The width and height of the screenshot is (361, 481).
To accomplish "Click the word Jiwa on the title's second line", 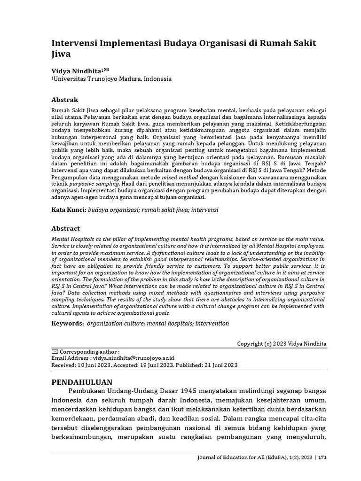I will [x=61, y=54].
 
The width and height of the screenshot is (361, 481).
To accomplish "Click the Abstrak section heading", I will [x=64, y=100].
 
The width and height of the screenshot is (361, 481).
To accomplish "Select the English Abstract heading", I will [x=65, y=228].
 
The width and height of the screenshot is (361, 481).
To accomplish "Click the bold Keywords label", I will [x=67, y=323].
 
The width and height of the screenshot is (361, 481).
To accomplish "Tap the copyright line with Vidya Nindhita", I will [x=282, y=344].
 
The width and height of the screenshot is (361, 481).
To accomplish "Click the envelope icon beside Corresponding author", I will [x=54, y=351].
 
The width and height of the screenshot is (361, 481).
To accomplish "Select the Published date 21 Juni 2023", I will [x=220, y=365].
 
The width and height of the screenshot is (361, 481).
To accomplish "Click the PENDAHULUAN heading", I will [x=82, y=381].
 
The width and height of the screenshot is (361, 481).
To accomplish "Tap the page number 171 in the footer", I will [x=323, y=470].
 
